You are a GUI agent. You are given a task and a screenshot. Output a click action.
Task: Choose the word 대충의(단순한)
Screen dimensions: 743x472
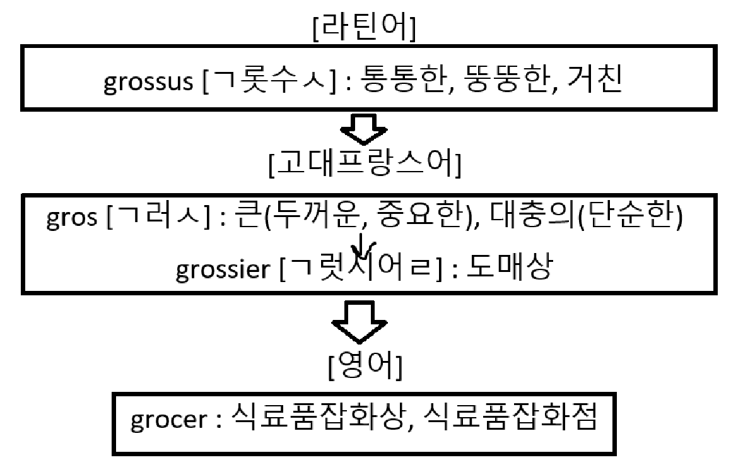(x=609, y=218)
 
